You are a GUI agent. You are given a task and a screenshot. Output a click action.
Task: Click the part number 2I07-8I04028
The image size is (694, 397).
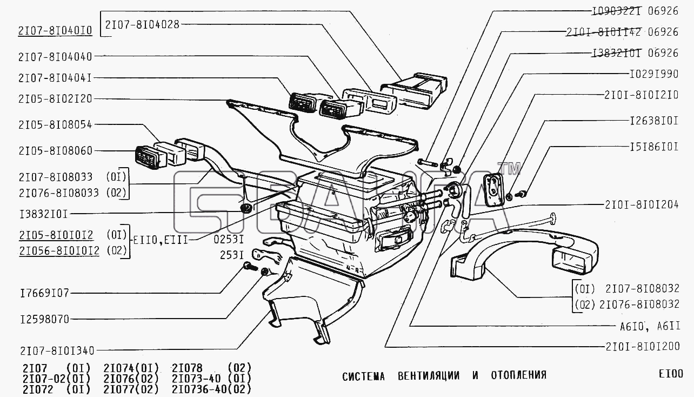click(142, 24)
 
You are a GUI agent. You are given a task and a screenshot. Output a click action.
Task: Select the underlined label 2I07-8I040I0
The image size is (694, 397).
click(55, 31)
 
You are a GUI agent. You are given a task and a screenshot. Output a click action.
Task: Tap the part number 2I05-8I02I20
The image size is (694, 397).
click(55, 99)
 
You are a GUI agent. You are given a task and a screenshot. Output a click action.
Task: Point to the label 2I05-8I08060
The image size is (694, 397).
click(55, 150)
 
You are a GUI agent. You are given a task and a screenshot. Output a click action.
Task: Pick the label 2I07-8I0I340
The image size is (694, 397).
click(56, 350)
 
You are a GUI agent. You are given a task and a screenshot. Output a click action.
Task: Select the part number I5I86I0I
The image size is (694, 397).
click(653, 147)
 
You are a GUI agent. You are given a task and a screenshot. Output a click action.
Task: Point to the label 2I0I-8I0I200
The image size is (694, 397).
click(641, 346)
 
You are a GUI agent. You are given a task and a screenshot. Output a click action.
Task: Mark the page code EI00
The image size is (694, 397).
click(670, 374)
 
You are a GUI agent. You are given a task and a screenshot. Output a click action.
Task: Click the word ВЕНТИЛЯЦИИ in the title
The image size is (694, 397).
click(429, 375)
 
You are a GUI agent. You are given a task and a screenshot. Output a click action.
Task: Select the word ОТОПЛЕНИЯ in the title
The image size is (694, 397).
click(518, 375)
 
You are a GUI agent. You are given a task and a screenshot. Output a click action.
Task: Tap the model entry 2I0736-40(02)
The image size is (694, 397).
click(211, 389)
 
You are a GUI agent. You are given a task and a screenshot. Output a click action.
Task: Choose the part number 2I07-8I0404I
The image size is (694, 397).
click(55, 78)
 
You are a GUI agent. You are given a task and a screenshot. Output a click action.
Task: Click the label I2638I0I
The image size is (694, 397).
click(653, 121)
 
